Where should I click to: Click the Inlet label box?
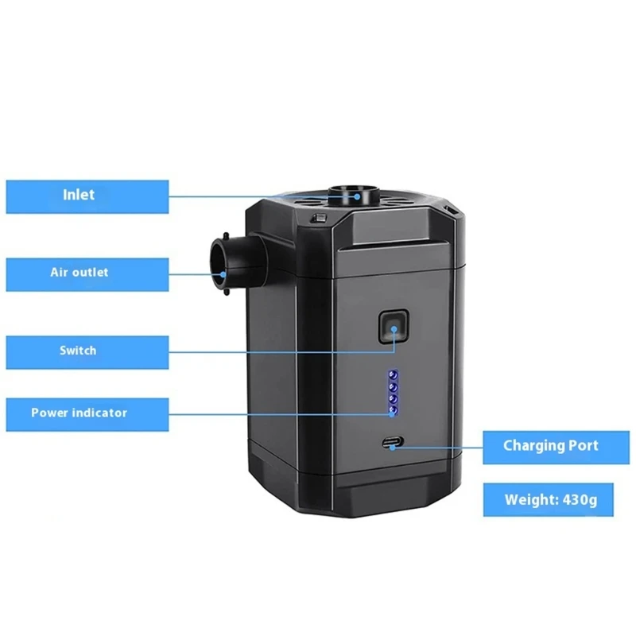tap(87, 196)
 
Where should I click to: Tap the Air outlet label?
tap(87, 273)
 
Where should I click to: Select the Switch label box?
tap(87, 351)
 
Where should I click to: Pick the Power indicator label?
tap(87, 413)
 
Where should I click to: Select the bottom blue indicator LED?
tap(392, 410)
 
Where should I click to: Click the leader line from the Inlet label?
tap(254, 195)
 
